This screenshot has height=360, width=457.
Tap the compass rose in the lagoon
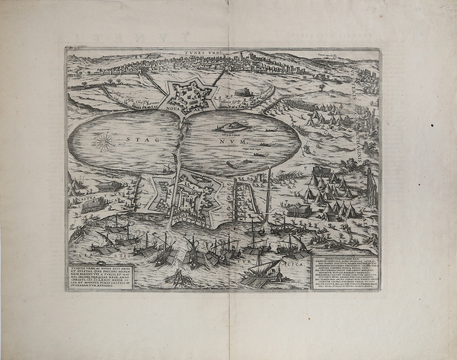pyautogui.click(x=106, y=141)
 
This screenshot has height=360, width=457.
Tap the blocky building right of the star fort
pyautogui.click(x=241, y=97)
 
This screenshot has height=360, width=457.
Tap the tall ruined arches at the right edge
pyautogui.click(x=371, y=186)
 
